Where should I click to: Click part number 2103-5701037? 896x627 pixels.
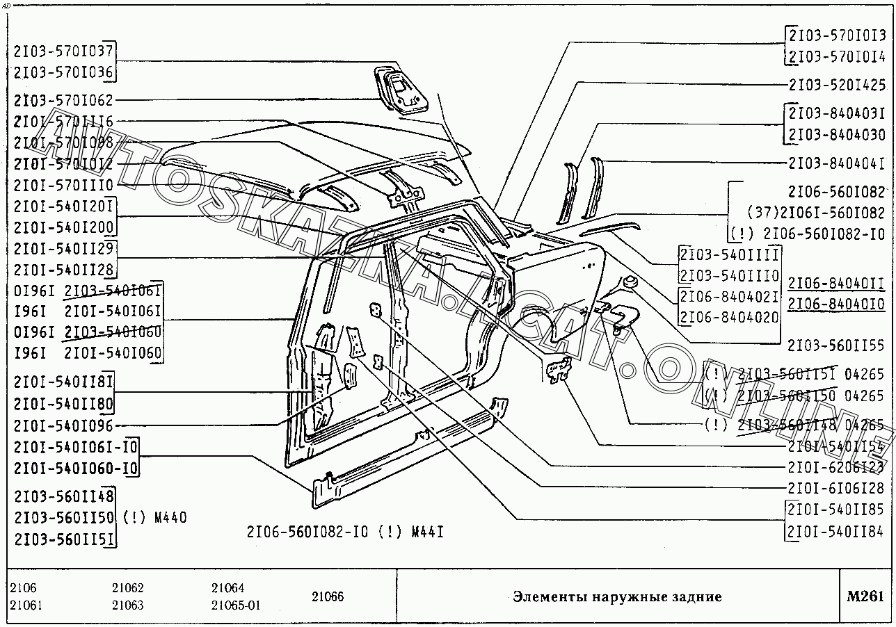coord(63,51)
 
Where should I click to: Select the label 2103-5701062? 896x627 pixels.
coord(63,100)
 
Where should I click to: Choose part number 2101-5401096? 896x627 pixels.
coord(63,425)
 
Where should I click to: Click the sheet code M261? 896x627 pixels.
coord(865,596)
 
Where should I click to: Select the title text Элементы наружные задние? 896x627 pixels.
coord(617,596)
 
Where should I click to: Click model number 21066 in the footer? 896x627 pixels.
coord(327,596)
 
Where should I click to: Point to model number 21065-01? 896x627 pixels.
coord(236,605)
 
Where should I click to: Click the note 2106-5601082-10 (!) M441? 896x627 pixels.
coord(345,532)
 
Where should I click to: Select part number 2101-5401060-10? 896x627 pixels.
coord(75,468)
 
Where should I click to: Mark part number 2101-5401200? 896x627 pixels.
coord(63,227)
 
